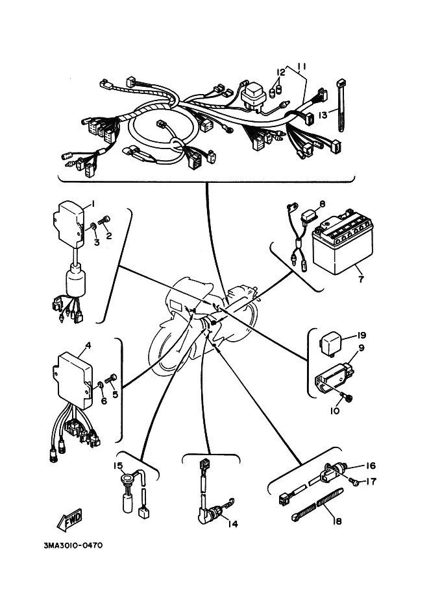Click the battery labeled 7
point(343,244)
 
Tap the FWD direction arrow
point(70,519)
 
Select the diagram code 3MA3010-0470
point(73,545)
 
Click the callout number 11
point(301,67)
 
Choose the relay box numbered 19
point(328,344)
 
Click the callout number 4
point(88,345)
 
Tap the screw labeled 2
point(103,221)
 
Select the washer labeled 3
point(92,227)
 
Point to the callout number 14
point(233,524)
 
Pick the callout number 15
point(118,466)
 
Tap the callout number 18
point(337,521)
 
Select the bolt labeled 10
point(347,397)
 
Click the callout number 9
point(361,348)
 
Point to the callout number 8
point(322,204)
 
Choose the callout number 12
point(281,72)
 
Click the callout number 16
point(371,466)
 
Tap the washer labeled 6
point(101,385)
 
